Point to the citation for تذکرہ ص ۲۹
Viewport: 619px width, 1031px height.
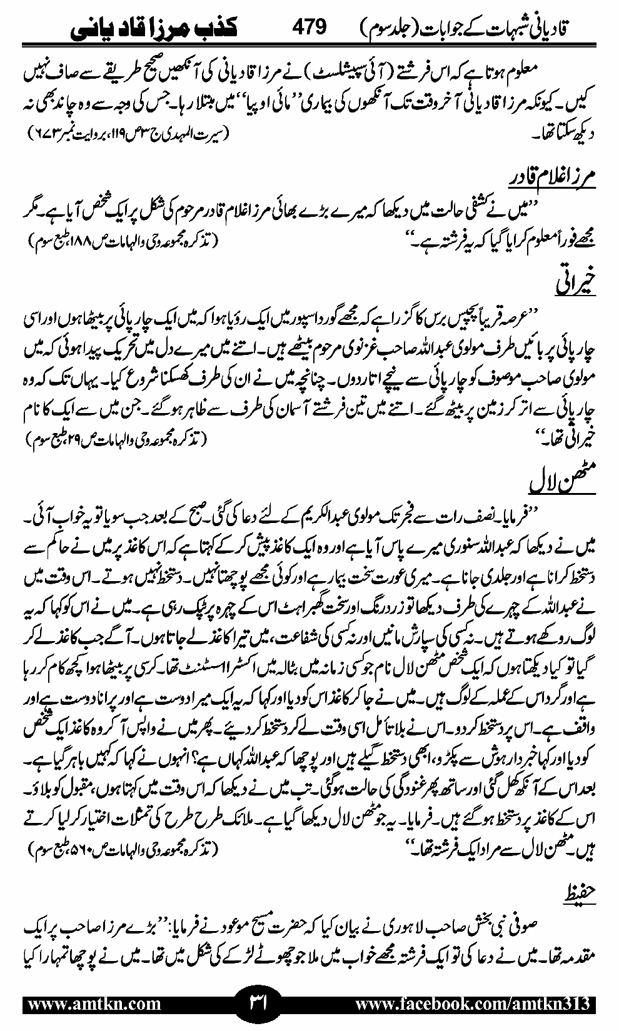[x=119, y=442]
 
